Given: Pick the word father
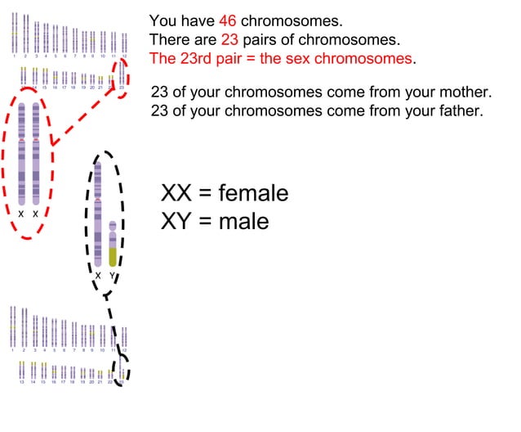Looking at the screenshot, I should tap(460, 110).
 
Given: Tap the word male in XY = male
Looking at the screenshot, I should tap(243, 221).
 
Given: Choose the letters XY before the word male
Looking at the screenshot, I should tap(176, 221).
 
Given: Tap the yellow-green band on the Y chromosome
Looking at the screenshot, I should tap(113, 256).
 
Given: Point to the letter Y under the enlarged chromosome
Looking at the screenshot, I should tap(113, 276).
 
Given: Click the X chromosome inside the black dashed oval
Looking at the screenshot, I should tap(98, 213).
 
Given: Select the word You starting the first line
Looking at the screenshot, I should tap(163, 20).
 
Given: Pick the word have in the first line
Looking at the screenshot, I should tap(198, 20).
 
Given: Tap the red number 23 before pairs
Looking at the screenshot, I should tap(230, 39).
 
